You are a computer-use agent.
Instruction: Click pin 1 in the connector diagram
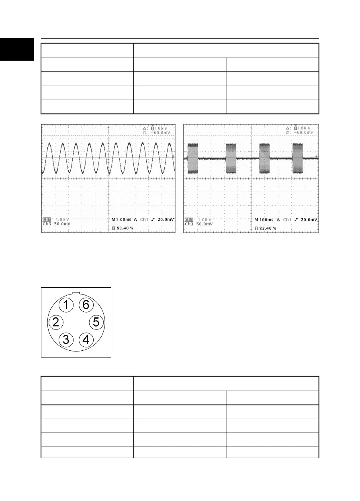click(66, 305)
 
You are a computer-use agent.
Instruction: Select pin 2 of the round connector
click(56, 322)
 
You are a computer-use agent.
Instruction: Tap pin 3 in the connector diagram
click(66, 340)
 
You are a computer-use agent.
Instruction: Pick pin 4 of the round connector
click(86, 340)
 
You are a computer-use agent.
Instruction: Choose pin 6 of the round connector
click(86, 305)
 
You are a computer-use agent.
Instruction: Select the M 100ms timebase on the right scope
click(265, 220)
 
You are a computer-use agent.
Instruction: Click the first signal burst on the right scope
click(193, 158)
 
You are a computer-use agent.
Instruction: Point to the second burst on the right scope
click(232, 158)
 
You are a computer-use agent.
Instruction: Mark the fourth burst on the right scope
click(298, 158)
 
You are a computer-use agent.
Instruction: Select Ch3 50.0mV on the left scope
click(57, 224)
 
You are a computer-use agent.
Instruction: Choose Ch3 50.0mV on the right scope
click(198, 224)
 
